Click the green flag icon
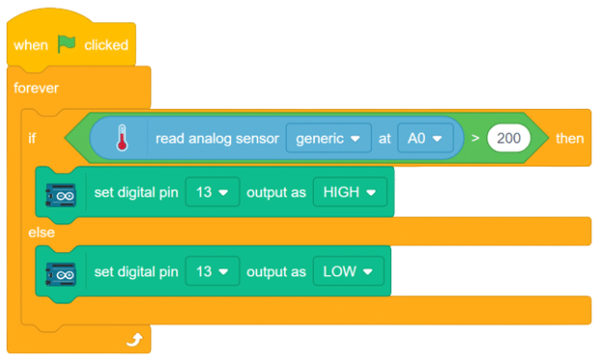tap(67, 44)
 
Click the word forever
tap(36, 88)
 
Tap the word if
tap(33, 139)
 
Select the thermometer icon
tap(121, 138)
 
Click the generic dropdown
tap(328, 139)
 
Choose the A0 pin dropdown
tap(425, 139)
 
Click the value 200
tap(510, 139)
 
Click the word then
tap(569, 139)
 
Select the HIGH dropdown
tap(349, 192)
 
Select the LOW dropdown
tap(347, 272)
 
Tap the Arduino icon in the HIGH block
tap(60, 193)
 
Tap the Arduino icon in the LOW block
tap(60, 273)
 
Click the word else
tap(40, 232)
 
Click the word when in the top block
tap(31, 45)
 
